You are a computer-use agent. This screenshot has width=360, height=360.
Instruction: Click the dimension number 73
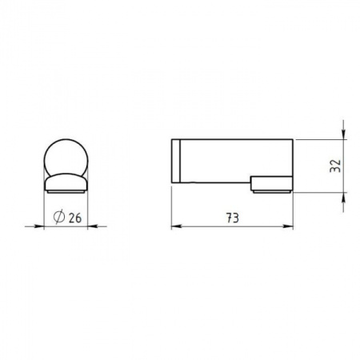233,218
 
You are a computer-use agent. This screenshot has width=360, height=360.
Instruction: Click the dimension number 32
335,166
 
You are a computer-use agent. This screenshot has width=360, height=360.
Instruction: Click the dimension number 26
75,218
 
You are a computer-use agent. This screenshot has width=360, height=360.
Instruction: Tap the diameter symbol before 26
59,217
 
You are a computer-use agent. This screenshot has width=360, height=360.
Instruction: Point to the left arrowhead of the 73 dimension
176,226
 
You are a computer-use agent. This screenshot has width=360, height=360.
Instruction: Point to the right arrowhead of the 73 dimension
288,226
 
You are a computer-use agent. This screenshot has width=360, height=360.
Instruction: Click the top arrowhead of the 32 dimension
343,134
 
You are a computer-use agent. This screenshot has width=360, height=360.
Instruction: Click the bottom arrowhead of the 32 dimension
343,198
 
